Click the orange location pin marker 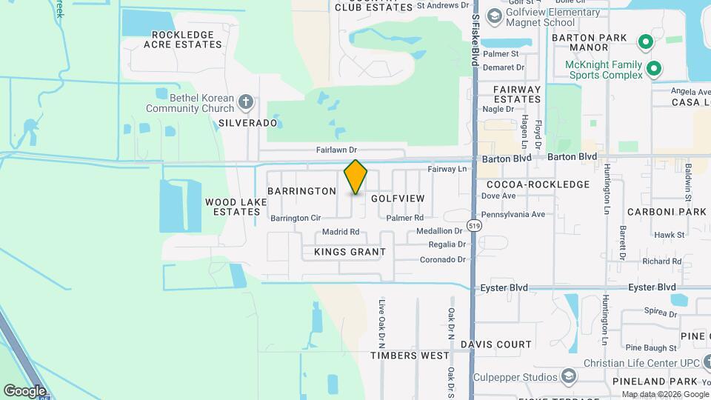(355, 177)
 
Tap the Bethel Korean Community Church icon (247, 101)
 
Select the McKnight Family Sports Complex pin (653, 70)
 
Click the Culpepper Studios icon (568, 377)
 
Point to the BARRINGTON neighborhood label (301, 191)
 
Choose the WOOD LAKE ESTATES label (232, 207)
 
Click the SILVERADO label (247, 123)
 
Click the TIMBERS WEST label (410, 356)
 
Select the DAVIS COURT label (495, 344)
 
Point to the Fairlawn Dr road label (337, 150)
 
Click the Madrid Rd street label (341, 232)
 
